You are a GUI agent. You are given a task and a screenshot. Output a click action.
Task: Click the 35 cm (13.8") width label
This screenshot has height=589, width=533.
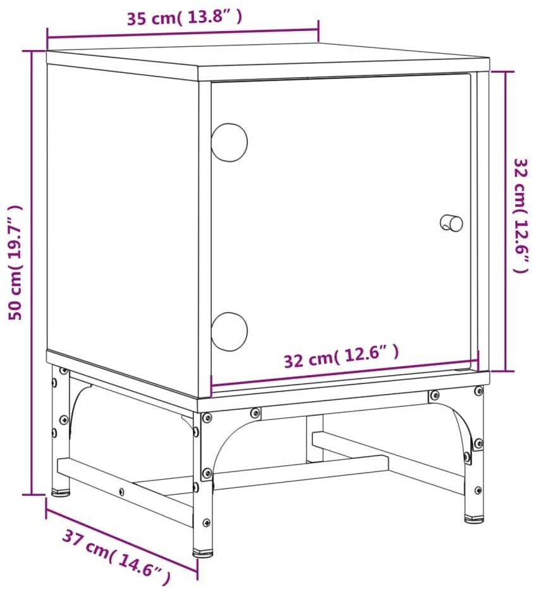click(184, 18)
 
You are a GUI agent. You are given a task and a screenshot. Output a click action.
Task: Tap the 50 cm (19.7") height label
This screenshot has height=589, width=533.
click(15, 262)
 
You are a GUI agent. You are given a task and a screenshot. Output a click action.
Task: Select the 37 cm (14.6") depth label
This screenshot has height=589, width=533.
click(116, 558)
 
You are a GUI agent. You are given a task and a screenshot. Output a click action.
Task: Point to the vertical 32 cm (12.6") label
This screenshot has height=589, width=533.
click(522, 215)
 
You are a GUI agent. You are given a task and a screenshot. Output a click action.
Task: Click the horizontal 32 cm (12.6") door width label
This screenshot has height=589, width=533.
click(341, 356)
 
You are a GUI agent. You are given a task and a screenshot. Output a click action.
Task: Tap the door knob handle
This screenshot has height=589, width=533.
click(451, 223)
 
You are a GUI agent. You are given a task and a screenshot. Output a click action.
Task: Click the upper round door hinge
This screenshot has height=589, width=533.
click(229, 142)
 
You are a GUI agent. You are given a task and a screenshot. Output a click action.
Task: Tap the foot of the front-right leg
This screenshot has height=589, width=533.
click(474, 519)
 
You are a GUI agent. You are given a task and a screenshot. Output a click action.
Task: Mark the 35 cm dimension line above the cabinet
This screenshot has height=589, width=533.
click(183, 33)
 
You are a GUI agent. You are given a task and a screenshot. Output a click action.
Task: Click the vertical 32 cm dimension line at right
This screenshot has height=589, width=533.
click(506, 221)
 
